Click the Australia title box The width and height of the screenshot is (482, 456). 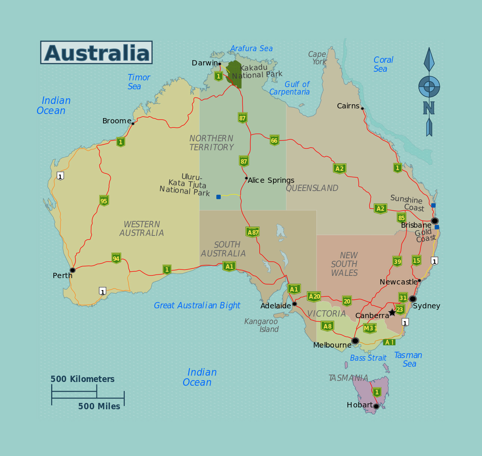pyautogui.click(x=96, y=52)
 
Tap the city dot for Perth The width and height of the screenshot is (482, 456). pyautogui.click(x=72, y=270)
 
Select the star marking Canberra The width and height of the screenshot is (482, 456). pyautogui.click(x=392, y=312)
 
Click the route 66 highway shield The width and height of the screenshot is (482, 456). pyautogui.click(x=274, y=140)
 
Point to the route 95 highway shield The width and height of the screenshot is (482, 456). pyautogui.click(x=104, y=201)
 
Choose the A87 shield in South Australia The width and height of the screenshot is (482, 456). pyautogui.click(x=253, y=232)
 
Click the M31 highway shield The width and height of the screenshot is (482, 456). pyautogui.click(x=370, y=328)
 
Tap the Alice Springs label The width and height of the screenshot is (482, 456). pyautogui.click(x=271, y=181)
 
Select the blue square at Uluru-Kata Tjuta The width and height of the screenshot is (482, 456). pyautogui.click(x=219, y=197)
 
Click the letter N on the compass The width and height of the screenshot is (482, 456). pyautogui.click(x=429, y=108)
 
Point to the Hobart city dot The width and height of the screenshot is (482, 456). pyautogui.click(x=376, y=406)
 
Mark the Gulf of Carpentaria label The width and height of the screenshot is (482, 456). pyautogui.click(x=290, y=88)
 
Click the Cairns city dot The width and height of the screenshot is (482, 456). pyautogui.click(x=362, y=108)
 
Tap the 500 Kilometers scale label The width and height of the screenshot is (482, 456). pyautogui.click(x=83, y=379)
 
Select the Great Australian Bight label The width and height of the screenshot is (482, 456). pyautogui.click(x=197, y=305)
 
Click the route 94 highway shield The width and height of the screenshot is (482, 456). pyautogui.click(x=116, y=258)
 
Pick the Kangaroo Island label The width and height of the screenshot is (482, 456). pyautogui.click(x=262, y=325)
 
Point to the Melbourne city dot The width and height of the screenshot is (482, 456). pyautogui.click(x=355, y=341)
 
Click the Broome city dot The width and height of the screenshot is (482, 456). pyautogui.click(x=133, y=123)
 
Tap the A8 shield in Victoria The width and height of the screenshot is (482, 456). pyautogui.click(x=327, y=326)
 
